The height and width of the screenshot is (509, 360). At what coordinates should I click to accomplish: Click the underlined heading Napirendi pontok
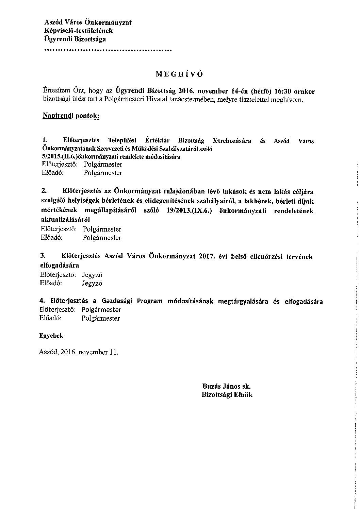71,116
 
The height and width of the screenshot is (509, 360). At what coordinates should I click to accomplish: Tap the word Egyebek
51,336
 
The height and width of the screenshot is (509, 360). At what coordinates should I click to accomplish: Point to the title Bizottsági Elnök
227,395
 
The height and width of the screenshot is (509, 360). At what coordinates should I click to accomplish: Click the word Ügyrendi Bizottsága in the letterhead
75,39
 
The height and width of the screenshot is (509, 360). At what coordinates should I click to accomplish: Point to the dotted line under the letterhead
108,51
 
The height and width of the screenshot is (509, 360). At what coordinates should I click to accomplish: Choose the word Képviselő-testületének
79,31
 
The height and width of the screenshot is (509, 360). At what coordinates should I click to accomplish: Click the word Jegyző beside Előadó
92,283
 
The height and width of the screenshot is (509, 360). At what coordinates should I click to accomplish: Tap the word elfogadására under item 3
60,265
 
